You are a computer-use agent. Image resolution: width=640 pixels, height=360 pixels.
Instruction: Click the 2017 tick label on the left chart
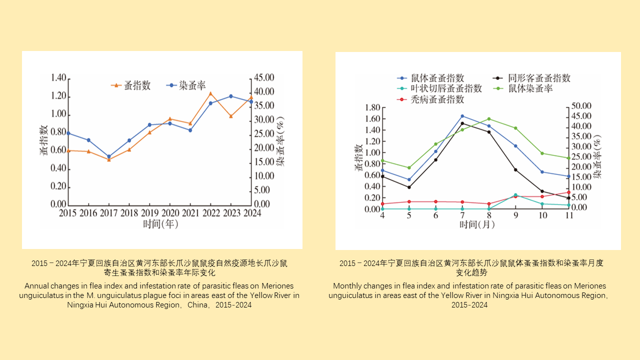(108, 213)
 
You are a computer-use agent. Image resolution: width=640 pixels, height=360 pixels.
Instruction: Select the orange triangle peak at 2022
(210, 93)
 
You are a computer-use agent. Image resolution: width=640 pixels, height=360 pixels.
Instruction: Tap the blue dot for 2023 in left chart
(231, 96)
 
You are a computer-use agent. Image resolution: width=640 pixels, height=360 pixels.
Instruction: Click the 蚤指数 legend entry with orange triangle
(131, 85)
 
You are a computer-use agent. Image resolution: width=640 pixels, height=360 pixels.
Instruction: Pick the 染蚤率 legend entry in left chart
(186, 85)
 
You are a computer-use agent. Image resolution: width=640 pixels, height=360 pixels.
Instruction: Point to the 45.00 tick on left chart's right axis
(263, 78)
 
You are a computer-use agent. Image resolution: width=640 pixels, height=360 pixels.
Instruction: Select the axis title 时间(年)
(160, 224)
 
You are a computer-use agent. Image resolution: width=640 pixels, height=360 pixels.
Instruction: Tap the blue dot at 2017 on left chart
(109, 156)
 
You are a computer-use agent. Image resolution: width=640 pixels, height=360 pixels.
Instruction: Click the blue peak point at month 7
(462, 116)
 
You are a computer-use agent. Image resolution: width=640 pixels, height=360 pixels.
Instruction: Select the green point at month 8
(489, 119)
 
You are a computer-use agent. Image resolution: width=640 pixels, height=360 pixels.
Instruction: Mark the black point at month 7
(462, 123)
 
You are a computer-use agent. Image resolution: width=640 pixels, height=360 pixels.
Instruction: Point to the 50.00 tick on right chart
(582, 106)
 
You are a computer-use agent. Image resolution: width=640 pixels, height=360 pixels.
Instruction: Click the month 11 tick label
(568, 215)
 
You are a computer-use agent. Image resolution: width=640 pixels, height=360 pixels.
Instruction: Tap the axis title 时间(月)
(477, 225)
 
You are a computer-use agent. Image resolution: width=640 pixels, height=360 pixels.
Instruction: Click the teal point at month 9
(515, 195)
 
